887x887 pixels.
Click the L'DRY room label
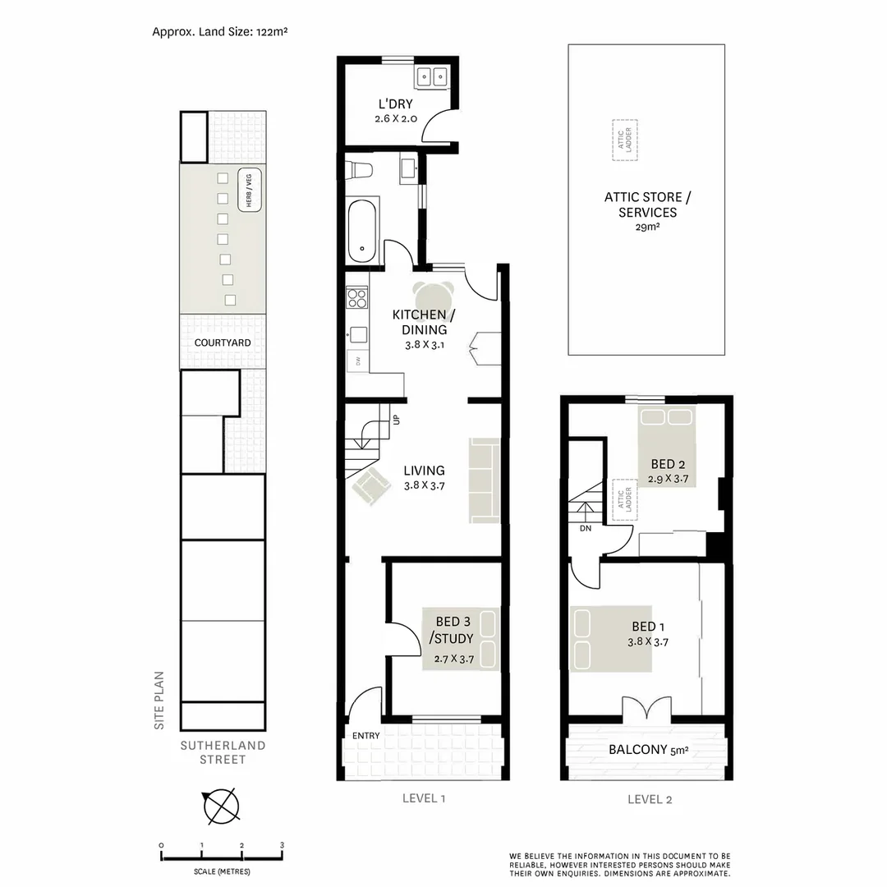395,104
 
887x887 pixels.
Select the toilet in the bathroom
360,170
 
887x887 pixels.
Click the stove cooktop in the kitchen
356,297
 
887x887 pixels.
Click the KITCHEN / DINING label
420,322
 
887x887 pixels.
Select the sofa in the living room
484,480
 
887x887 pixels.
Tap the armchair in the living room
370,486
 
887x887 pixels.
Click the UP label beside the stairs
396,420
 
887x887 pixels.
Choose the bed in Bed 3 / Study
462,639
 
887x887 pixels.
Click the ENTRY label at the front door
365,736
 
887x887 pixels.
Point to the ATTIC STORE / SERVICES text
647,205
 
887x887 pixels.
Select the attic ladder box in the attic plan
625,140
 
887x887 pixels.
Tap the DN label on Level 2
585,529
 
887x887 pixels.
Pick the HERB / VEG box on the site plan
247,190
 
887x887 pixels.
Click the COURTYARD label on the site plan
223,342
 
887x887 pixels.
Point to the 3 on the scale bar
282,845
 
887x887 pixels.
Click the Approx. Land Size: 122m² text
219,32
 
